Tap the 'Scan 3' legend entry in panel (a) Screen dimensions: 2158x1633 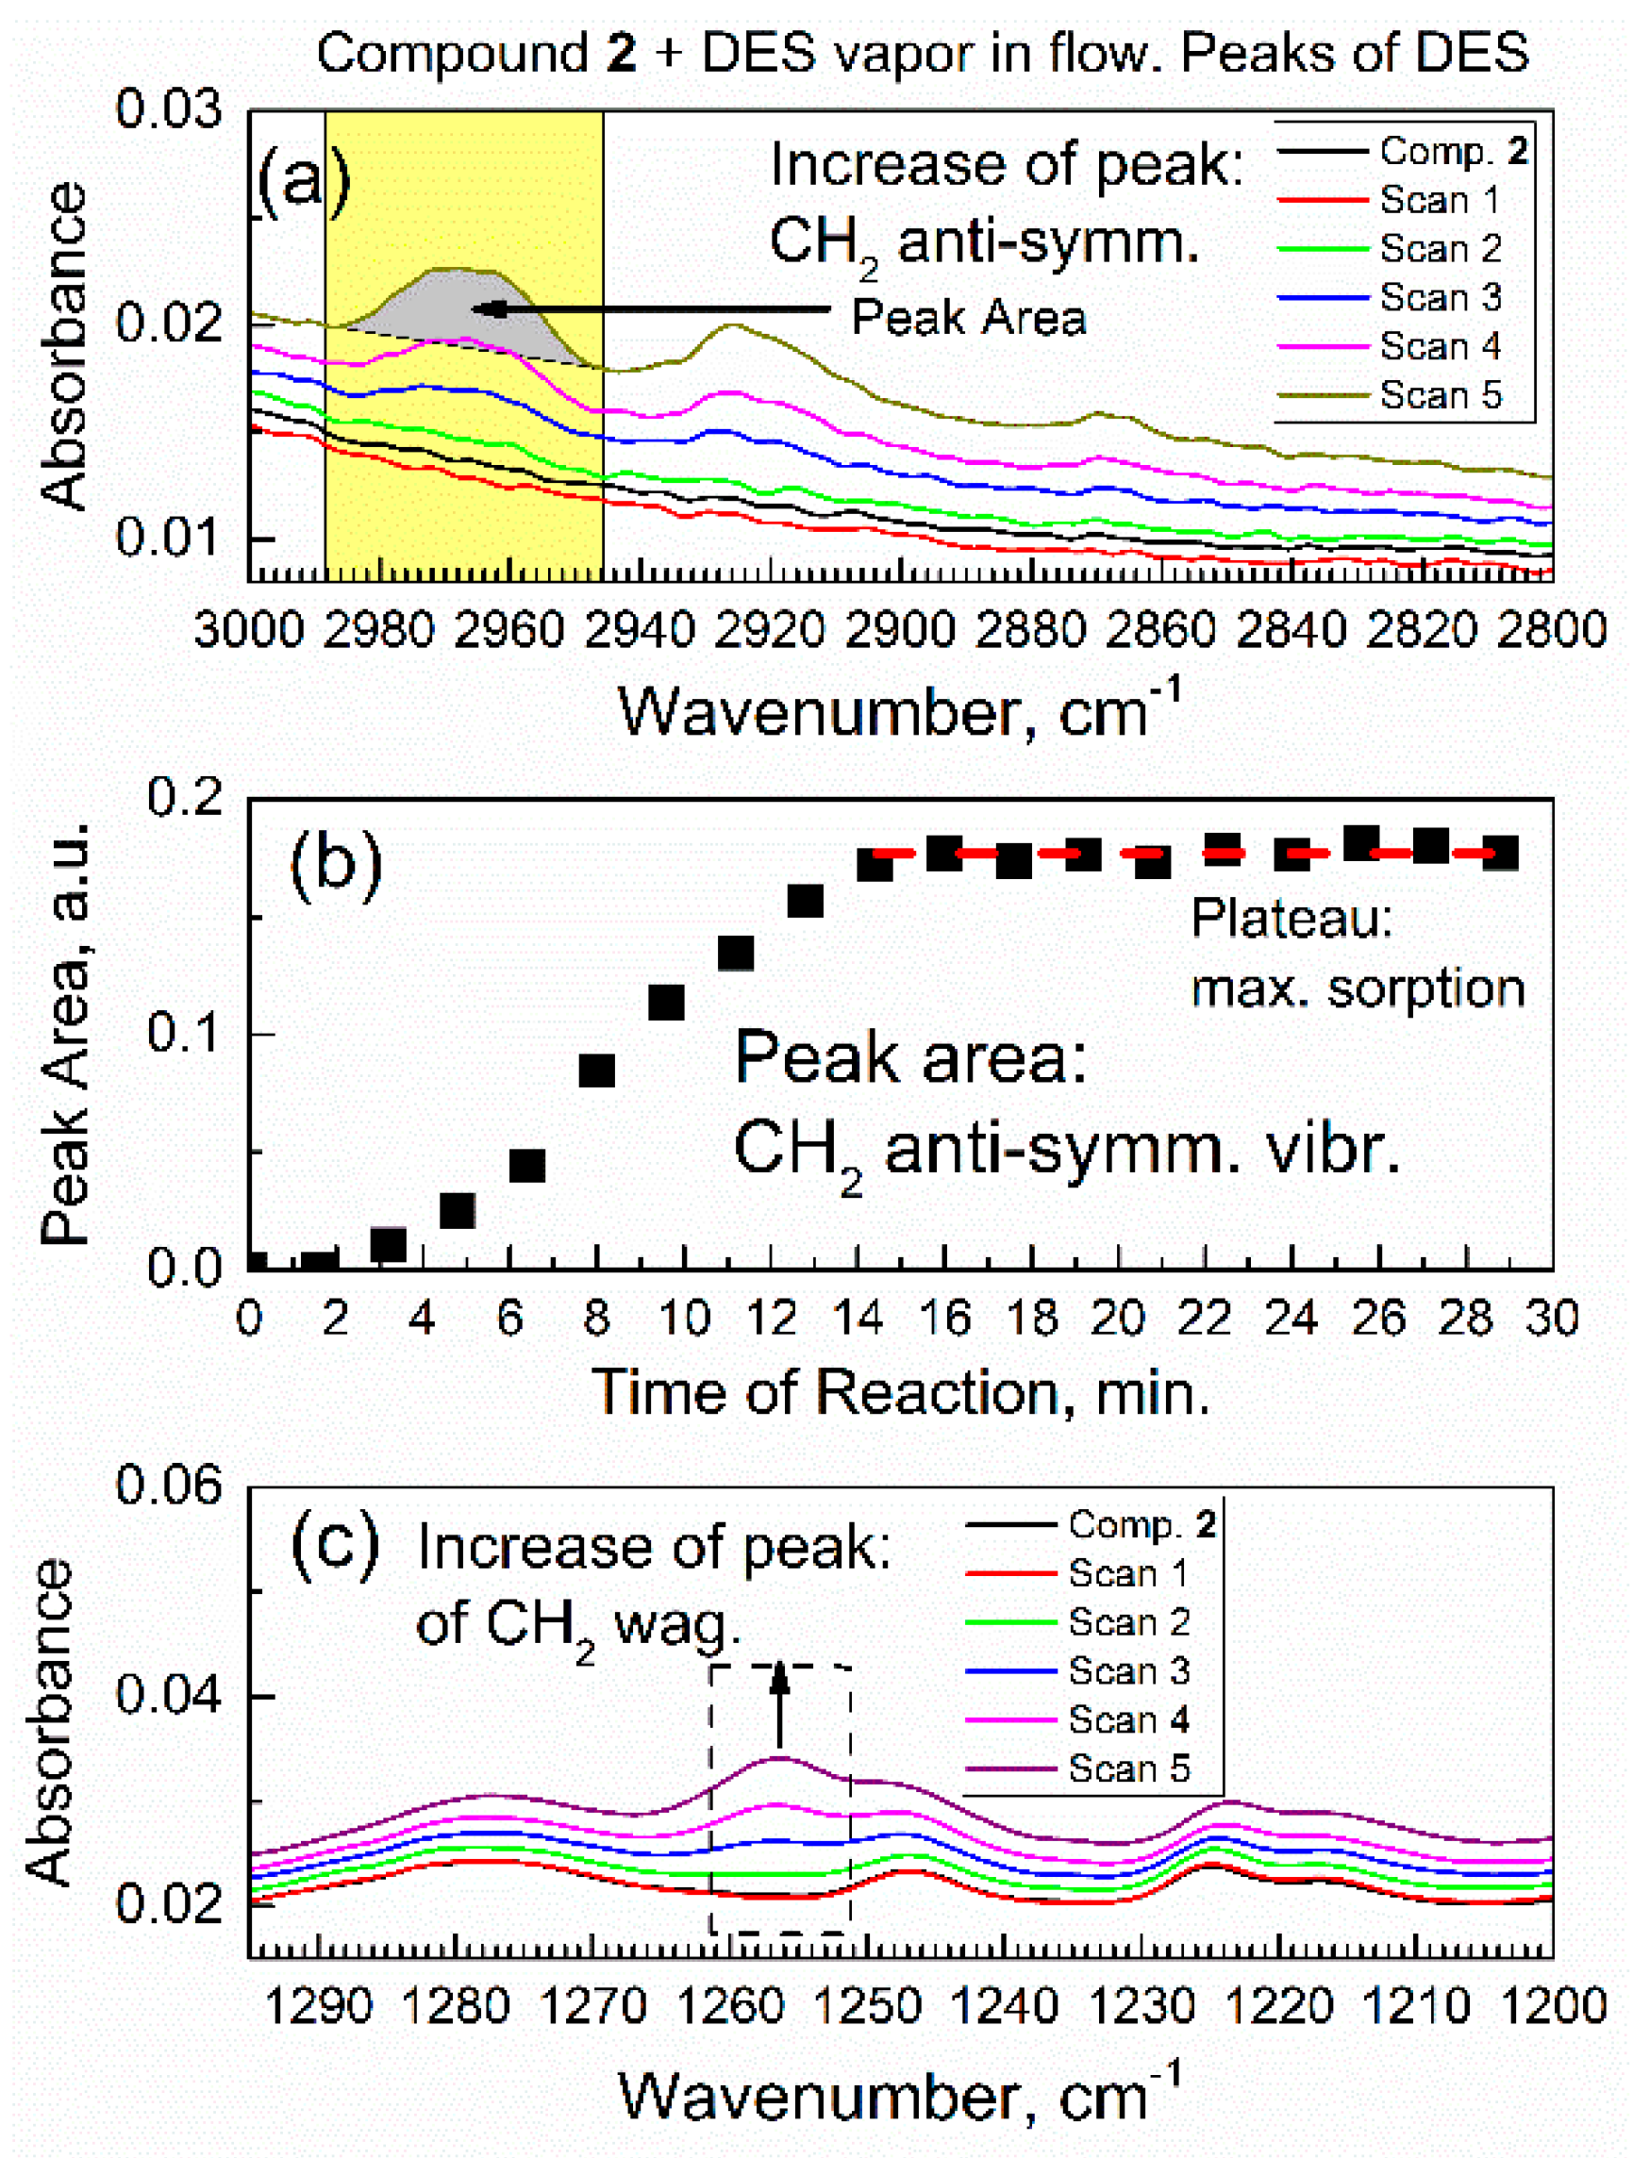pos(1439,297)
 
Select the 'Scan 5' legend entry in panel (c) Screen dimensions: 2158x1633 pos(1128,1768)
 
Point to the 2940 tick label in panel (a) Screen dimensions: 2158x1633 pos(639,631)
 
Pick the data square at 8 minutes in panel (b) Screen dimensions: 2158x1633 pos(597,1071)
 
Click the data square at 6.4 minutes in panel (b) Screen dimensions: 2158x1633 pos(527,1166)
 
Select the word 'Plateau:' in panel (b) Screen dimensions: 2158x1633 pos(1292,918)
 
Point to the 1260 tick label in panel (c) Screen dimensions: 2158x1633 pos(729,2008)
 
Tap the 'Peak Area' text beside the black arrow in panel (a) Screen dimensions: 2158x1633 pos(968,317)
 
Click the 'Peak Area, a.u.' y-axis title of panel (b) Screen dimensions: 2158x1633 pos(65,1034)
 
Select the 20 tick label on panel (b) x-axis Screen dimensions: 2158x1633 pos(1118,1319)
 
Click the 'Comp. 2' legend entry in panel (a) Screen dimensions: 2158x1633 pos(1452,151)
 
